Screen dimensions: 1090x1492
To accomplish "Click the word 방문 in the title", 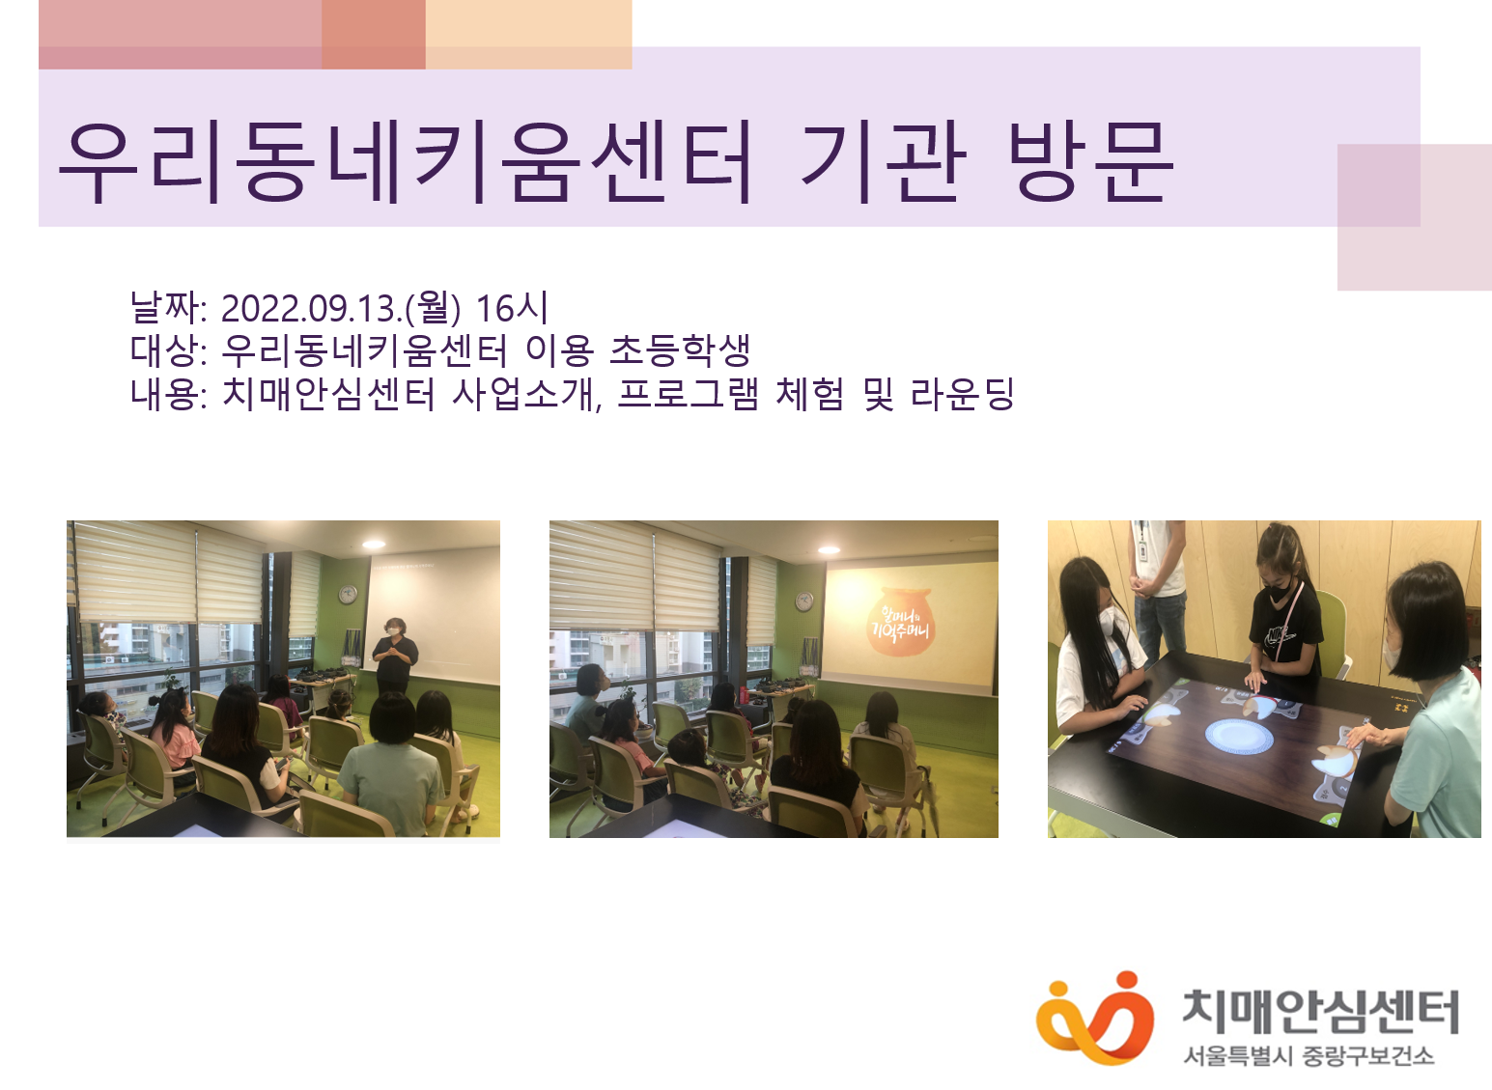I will [x=1091, y=162].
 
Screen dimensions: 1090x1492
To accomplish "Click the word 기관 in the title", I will [x=883, y=162].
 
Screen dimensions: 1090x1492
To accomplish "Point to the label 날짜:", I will [x=168, y=309].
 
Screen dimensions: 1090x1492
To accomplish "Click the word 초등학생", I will [x=680, y=350].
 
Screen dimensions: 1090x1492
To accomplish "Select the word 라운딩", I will [x=962, y=393].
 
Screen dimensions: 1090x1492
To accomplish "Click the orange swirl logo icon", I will [x=1094, y=1019].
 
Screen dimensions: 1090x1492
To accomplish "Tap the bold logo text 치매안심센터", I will [x=1320, y=1011].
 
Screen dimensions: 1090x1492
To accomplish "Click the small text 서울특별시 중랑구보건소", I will [x=1309, y=1056].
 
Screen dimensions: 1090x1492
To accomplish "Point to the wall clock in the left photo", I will [x=348, y=594].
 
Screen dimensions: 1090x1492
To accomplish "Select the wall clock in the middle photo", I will [x=803, y=601].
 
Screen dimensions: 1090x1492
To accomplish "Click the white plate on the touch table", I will [x=1239, y=736].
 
